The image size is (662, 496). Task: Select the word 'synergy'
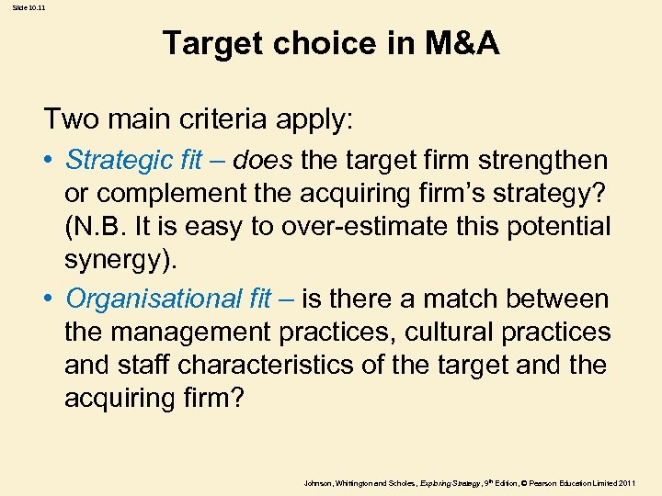118,260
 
